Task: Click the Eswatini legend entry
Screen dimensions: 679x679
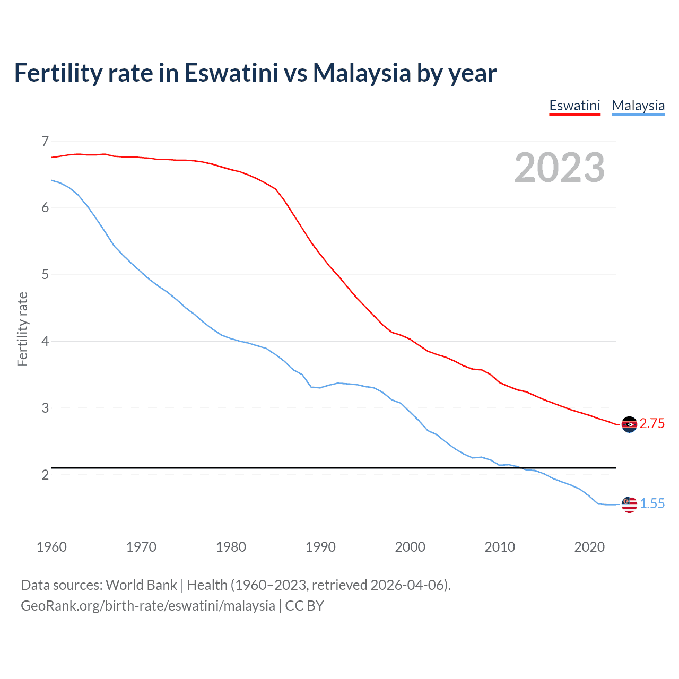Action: click(x=574, y=106)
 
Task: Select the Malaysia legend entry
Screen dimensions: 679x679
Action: click(x=638, y=106)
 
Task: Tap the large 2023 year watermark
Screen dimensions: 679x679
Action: click(x=559, y=168)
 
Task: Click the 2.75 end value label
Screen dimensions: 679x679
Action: click(x=652, y=423)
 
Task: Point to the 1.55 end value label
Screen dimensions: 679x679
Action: click(x=652, y=503)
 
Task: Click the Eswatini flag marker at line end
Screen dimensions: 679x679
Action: click(x=629, y=424)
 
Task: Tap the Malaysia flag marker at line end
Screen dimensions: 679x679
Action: click(x=629, y=504)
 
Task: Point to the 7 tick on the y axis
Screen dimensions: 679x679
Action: click(x=45, y=141)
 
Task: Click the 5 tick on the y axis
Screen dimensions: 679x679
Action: click(x=45, y=275)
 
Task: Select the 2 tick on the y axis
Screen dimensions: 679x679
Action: click(x=45, y=475)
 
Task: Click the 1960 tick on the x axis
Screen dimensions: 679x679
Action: click(x=51, y=547)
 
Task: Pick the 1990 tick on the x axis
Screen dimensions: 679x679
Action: click(x=320, y=547)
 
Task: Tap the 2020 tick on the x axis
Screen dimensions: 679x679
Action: click(x=589, y=547)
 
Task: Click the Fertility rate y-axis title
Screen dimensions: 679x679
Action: click(x=22, y=329)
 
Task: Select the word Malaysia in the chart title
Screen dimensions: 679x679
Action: click(x=361, y=73)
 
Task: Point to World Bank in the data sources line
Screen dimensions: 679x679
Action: click(x=141, y=585)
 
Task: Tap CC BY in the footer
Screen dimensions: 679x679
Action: click(x=304, y=606)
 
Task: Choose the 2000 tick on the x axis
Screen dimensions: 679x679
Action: click(x=410, y=547)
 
